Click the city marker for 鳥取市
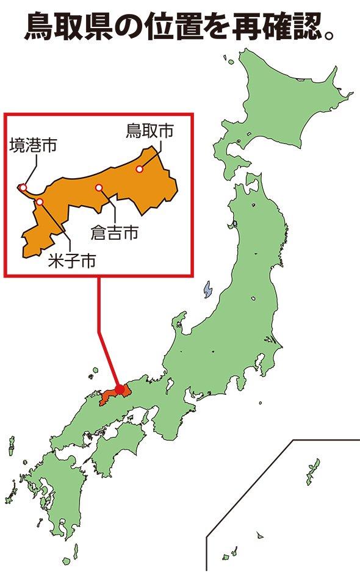[140, 169]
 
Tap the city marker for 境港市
[23, 187]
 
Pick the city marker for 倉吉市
[99, 188]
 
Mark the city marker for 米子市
[40, 201]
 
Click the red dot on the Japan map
[120, 389]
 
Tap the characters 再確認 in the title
[275, 27]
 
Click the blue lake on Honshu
[207, 289]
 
